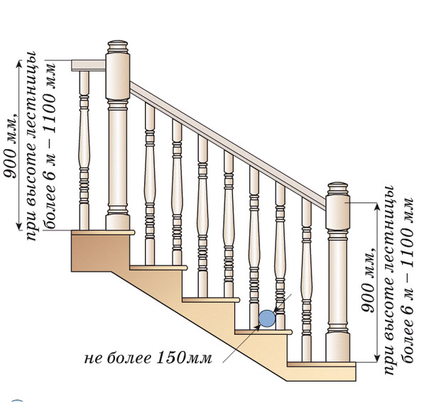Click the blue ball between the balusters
click(x=266, y=319)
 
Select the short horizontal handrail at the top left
click(x=89, y=65)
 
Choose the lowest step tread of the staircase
click(x=320, y=364)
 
